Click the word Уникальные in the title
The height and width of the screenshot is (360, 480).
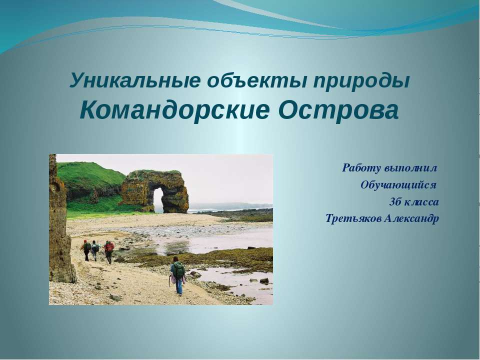(x=135, y=80)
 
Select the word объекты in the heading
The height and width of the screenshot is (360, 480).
(x=256, y=80)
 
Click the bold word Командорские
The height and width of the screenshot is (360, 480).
(x=175, y=110)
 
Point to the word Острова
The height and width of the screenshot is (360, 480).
(x=338, y=110)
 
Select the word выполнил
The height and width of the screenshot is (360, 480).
(x=411, y=168)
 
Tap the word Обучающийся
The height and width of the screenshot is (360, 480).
(x=398, y=185)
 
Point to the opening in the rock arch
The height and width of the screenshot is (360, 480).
(x=158, y=200)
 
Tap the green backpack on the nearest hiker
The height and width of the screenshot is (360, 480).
(x=179, y=270)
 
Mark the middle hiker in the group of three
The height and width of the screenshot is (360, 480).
(x=95, y=250)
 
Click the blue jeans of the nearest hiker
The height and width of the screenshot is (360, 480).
(x=179, y=285)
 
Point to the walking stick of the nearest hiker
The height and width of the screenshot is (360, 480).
(x=169, y=280)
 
